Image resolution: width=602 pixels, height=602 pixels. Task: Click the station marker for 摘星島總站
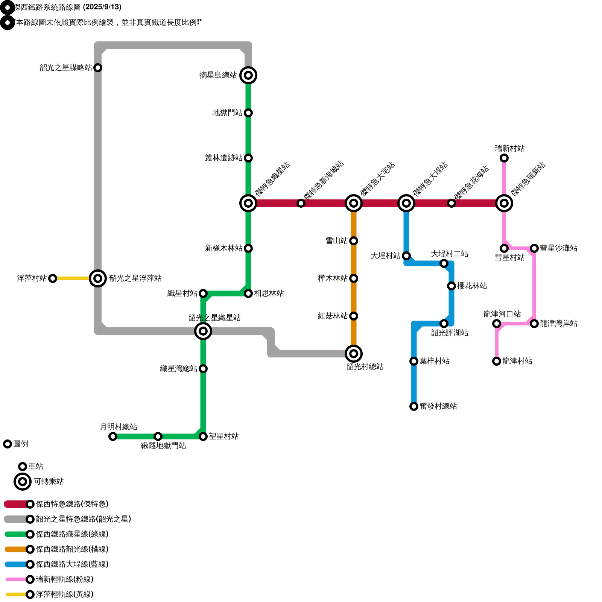click(x=248, y=75)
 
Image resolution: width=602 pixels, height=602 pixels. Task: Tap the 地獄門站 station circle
click(x=248, y=113)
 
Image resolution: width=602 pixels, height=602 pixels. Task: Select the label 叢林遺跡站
click(x=223, y=158)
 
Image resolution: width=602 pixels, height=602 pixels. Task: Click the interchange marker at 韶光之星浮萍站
click(x=98, y=278)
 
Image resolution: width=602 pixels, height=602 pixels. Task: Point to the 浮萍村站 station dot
click(x=53, y=278)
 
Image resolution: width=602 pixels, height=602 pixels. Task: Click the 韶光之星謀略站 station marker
click(x=98, y=68)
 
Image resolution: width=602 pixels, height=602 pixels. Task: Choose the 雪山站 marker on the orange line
click(x=354, y=241)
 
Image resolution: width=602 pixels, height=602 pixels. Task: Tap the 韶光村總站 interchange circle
click(x=354, y=354)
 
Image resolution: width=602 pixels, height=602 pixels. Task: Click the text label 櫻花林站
click(x=472, y=286)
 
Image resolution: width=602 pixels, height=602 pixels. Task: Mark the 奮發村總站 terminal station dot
click(x=414, y=406)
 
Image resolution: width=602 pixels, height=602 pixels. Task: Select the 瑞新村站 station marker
click(x=504, y=158)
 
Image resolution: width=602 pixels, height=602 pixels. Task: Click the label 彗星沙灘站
click(x=558, y=248)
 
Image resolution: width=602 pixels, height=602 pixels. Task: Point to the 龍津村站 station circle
click(x=497, y=361)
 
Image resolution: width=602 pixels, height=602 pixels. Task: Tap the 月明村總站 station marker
click(x=113, y=436)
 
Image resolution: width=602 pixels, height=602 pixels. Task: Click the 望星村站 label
click(x=223, y=436)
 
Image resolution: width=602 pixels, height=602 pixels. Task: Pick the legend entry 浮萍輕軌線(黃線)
click(x=64, y=594)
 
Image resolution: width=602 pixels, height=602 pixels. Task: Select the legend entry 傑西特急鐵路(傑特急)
click(x=72, y=504)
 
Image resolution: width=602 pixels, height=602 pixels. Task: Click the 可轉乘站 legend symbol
click(x=23, y=482)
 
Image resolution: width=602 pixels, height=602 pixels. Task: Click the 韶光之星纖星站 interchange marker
click(x=203, y=331)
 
